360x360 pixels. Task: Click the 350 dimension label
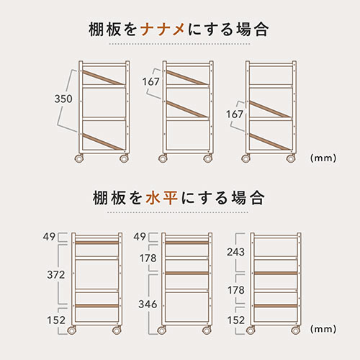(63, 99)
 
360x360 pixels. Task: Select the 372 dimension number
(56, 274)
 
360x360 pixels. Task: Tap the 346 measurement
(148, 305)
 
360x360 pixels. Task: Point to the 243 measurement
(236, 252)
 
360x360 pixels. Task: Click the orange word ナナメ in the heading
(163, 30)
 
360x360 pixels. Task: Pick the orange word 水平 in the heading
(162, 198)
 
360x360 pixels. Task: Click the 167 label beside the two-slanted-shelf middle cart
(150, 81)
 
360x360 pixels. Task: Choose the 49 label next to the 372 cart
(49, 237)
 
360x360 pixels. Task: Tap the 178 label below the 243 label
(236, 290)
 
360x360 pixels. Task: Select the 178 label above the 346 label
(148, 258)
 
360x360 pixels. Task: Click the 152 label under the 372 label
(56, 320)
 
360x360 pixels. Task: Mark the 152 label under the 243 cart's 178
(236, 320)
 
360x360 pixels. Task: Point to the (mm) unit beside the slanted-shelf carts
(323, 158)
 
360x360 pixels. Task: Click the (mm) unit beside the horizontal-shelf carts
(323, 328)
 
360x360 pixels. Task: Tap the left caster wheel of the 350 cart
(79, 158)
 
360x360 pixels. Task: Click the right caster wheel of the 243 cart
(296, 330)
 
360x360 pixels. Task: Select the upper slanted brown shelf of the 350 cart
(104, 78)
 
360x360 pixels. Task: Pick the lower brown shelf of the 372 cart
(97, 306)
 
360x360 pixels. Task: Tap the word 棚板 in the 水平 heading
(109, 198)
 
